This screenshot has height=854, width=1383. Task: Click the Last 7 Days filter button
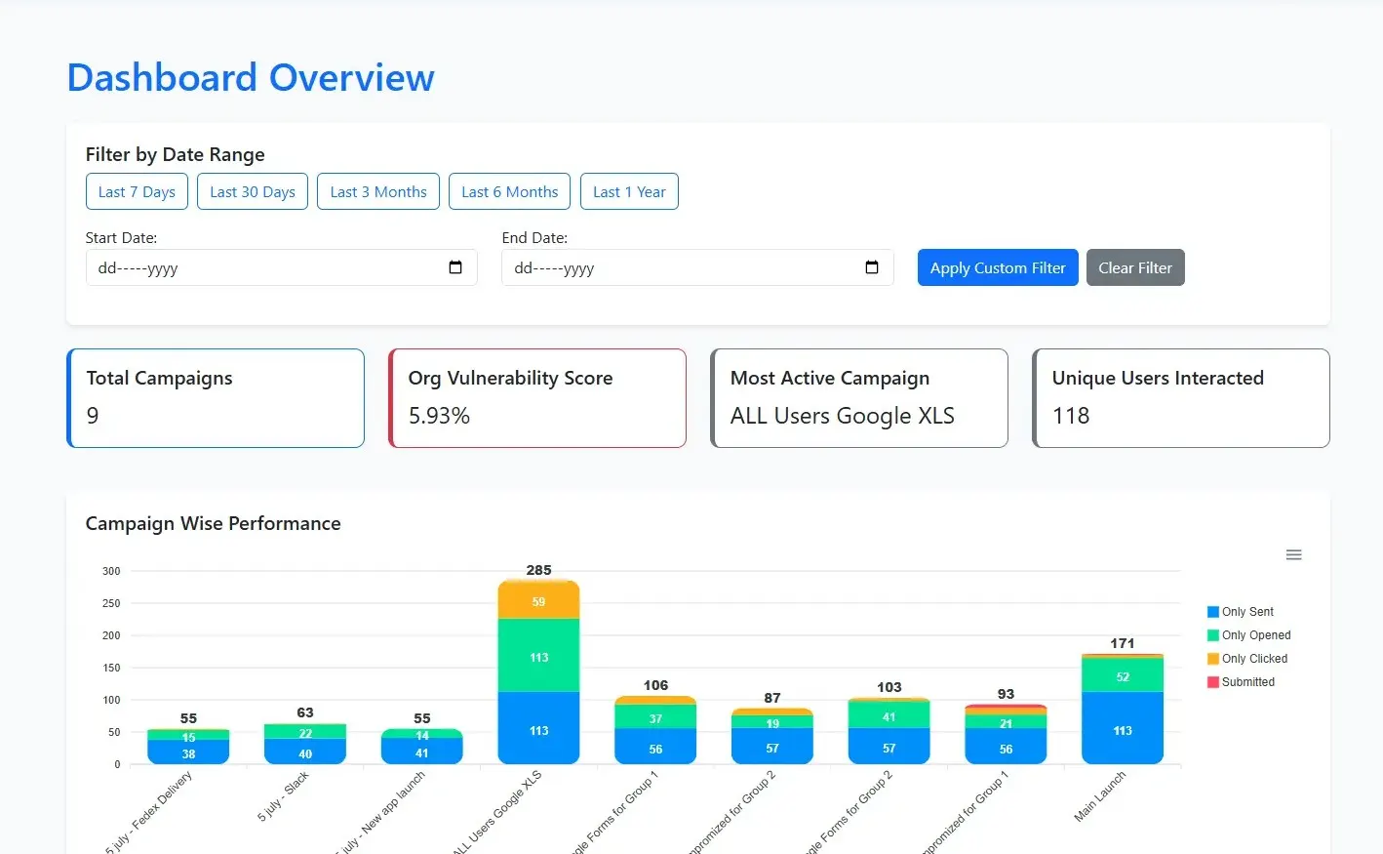click(x=137, y=191)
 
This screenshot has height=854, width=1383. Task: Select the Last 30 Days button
click(x=253, y=191)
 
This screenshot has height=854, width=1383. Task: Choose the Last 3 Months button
click(x=378, y=191)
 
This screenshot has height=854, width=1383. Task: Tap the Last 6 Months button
click(x=510, y=191)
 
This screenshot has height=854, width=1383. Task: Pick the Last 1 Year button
click(x=629, y=191)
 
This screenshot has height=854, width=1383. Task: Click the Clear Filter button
click(x=1135, y=267)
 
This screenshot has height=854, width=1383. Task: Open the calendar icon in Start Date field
click(x=455, y=267)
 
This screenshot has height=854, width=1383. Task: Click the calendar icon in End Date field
click(x=872, y=267)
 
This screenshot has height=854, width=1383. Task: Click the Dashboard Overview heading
click(x=251, y=77)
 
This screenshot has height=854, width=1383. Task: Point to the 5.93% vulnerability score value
click(x=439, y=416)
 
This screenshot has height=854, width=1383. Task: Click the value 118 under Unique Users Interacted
click(x=1071, y=416)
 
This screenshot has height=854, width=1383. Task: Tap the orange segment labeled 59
click(x=538, y=601)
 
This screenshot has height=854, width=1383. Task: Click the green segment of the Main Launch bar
click(x=1123, y=675)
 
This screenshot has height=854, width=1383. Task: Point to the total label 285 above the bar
click(x=538, y=570)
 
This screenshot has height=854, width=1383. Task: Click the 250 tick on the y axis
click(x=111, y=603)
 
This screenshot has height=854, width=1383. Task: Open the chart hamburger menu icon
click(x=1294, y=554)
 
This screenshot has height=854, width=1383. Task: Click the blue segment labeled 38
click(x=188, y=752)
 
